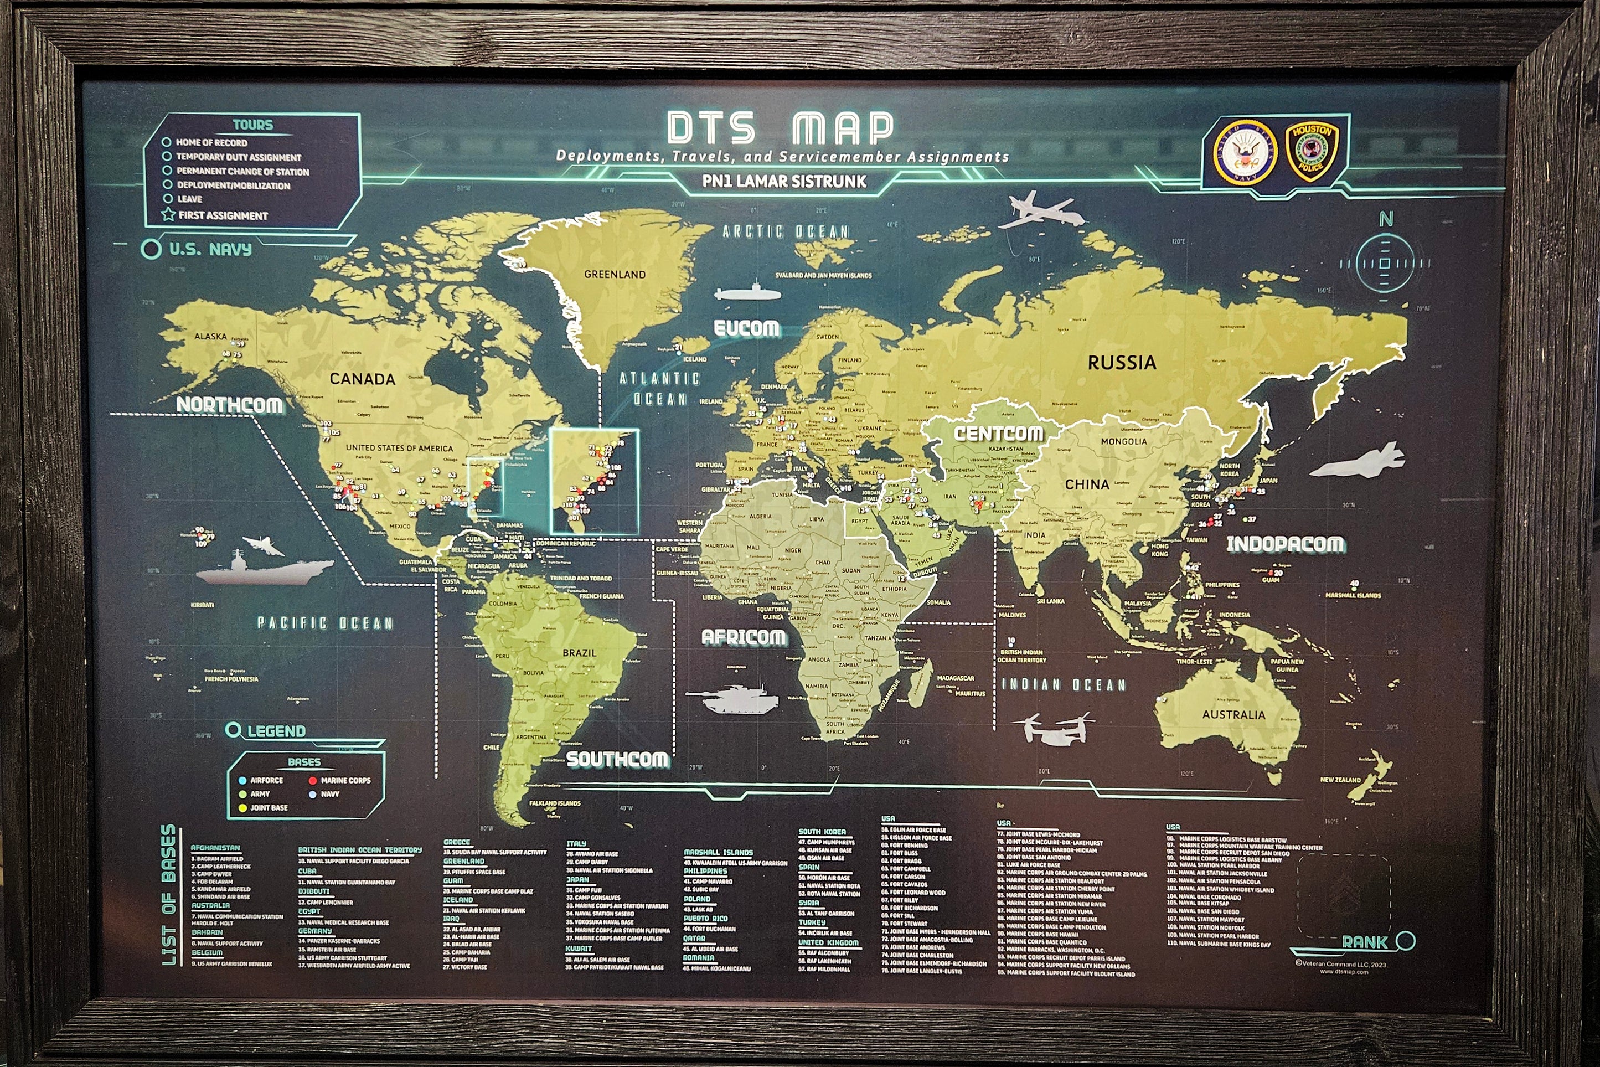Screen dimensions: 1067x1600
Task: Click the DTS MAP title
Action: tap(780, 128)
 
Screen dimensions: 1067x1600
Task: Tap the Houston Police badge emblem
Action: tap(1311, 151)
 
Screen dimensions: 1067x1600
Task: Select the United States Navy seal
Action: tap(1245, 153)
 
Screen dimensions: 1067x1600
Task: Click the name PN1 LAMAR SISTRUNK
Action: tap(784, 182)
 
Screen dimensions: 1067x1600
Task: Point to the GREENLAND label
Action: tap(615, 274)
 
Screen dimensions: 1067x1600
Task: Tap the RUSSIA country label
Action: tap(1121, 363)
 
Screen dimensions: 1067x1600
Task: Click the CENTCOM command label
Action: tap(998, 434)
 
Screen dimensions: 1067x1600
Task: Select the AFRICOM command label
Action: tap(743, 637)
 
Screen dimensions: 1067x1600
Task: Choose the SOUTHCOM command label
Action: tap(617, 760)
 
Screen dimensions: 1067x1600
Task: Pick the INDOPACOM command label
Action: tap(1284, 544)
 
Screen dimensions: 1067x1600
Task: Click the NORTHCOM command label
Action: tap(229, 405)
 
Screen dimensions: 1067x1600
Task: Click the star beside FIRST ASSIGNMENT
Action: tap(168, 215)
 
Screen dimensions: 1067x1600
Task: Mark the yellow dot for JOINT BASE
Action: tap(242, 808)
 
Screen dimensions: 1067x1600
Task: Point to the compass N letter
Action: tap(1385, 219)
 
